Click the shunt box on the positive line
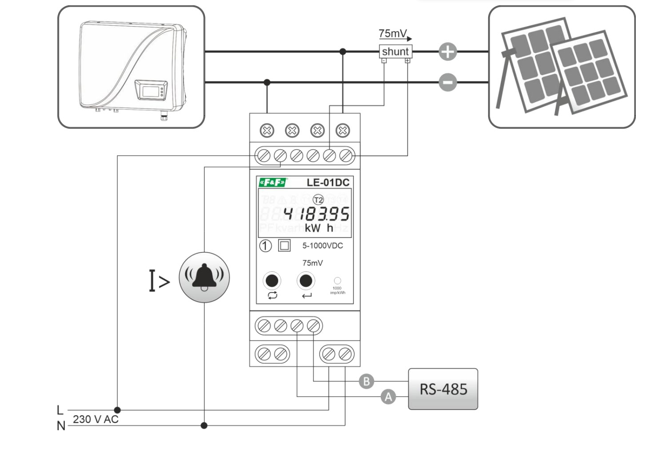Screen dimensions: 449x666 [x=395, y=52]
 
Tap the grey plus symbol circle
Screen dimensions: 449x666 [x=447, y=52]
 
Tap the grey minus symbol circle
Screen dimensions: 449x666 [x=447, y=82]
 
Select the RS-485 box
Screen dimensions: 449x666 [x=443, y=389]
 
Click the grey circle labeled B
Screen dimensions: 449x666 [x=366, y=381]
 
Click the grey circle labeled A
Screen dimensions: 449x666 [x=388, y=397]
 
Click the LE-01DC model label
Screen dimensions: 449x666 [x=328, y=182]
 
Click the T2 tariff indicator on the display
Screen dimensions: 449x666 [x=318, y=200]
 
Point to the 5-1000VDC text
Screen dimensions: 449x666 [x=323, y=245]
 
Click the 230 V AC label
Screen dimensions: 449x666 [x=96, y=419]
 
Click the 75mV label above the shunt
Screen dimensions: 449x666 [x=393, y=33]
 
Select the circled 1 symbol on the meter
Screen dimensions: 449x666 [x=265, y=246]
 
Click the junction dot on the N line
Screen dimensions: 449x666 [x=204, y=425]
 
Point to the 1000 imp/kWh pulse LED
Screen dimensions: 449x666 [x=337, y=281]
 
